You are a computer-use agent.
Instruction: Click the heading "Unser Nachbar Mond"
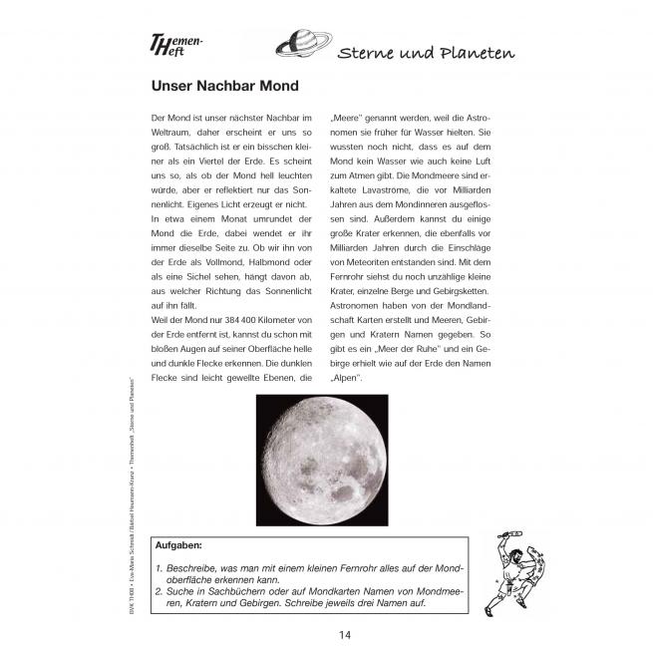(224, 87)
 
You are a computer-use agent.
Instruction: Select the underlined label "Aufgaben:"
(178, 545)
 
